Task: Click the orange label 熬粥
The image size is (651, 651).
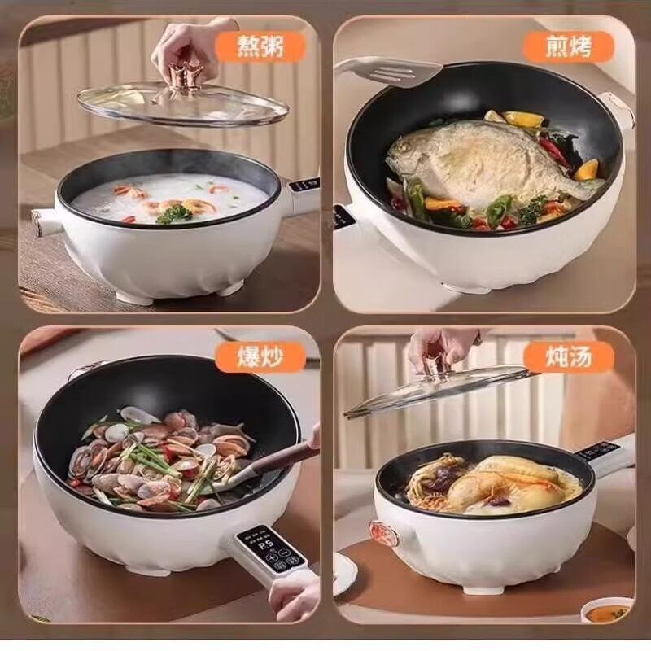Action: tap(260, 46)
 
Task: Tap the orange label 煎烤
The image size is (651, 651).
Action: tap(579, 46)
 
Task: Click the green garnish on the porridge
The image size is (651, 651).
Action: tap(173, 213)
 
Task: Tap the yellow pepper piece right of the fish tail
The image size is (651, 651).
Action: tap(586, 169)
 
